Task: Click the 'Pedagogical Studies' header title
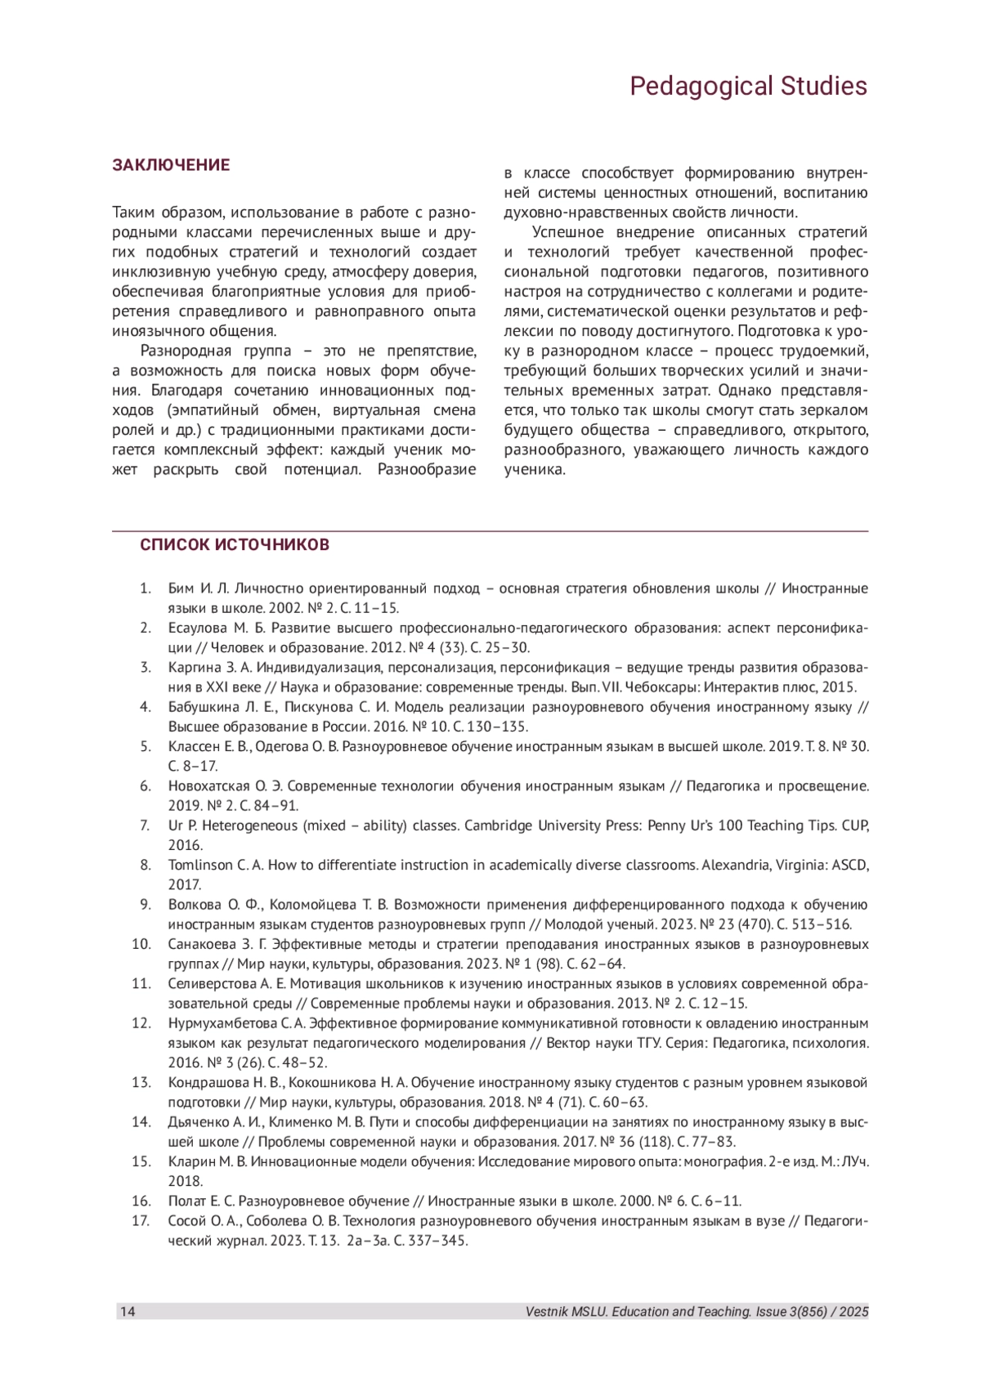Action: [747, 87]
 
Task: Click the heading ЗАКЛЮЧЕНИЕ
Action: [171, 165]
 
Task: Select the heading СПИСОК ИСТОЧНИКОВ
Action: [235, 545]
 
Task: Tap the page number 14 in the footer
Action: [128, 1312]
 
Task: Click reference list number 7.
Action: [146, 825]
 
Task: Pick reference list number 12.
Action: [141, 1023]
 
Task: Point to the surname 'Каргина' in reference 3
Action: [190, 668]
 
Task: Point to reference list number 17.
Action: [141, 1220]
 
